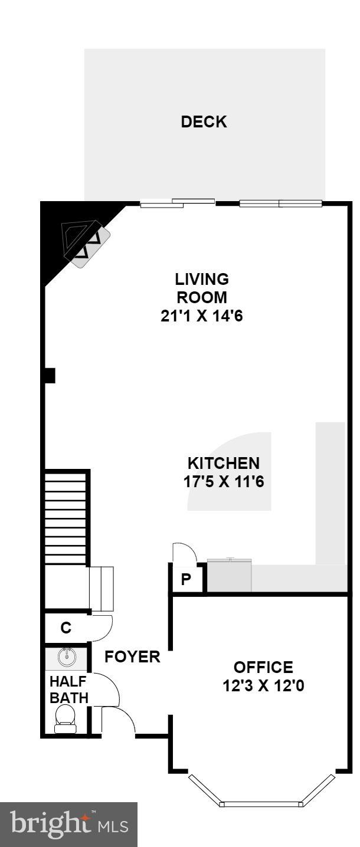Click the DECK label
(x=204, y=122)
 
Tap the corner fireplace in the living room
(x=86, y=242)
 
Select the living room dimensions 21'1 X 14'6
(x=202, y=316)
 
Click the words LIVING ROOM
(x=202, y=287)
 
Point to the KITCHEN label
(x=223, y=463)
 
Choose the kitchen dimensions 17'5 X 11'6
(x=223, y=482)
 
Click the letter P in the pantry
(x=186, y=580)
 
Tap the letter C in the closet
(x=66, y=628)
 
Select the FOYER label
(x=132, y=656)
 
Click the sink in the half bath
(x=67, y=656)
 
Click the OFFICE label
(x=263, y=667)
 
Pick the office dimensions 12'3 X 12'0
(x=263, y=686)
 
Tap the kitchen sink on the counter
(x=230, y=575)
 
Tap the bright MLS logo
(x=68, y=824)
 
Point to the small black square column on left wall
(x=50, y=375)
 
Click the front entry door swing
(x=118, y=721)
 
